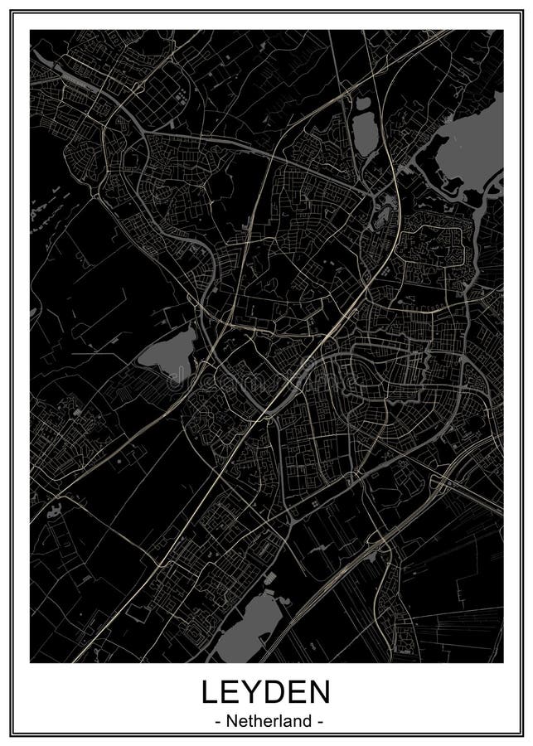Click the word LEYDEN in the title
coord(266,692)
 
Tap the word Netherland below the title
coord(266,721)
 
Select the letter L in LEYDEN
coord(211,692)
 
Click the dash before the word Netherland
coord(216,721)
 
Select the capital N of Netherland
coord(228,721)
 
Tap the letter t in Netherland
coord(247,721)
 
